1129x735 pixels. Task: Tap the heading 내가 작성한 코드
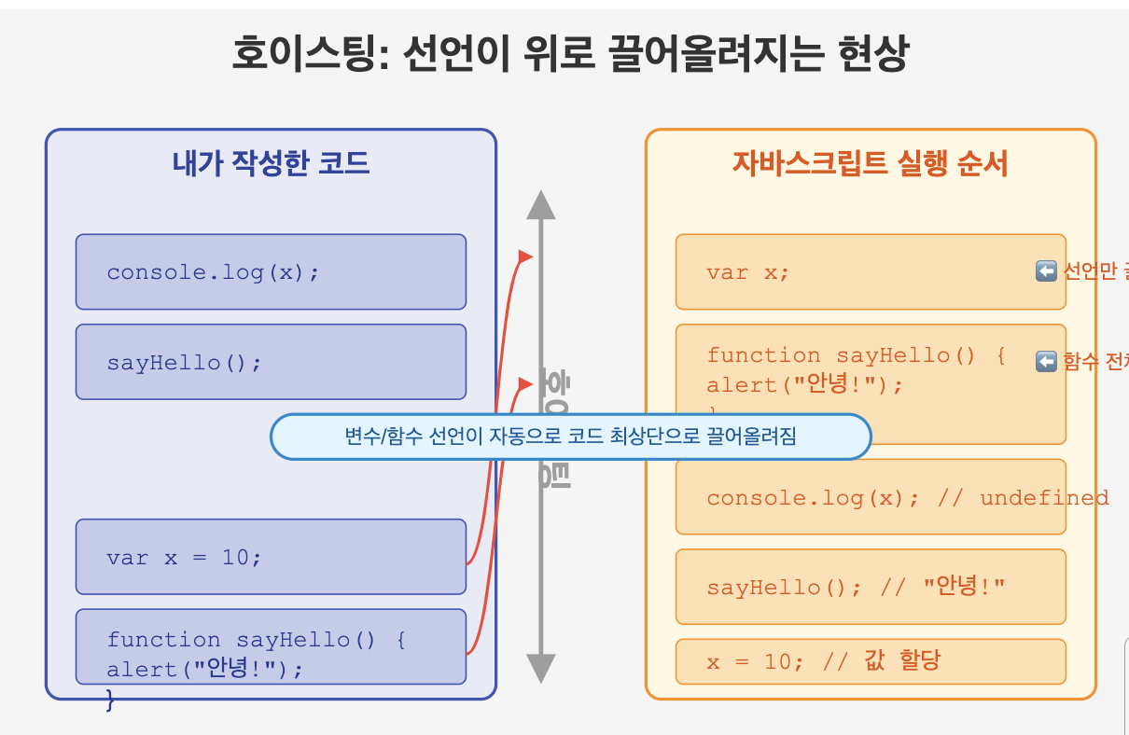click(x=271, y=164)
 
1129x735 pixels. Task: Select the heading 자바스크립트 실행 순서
click(x=870, y=164)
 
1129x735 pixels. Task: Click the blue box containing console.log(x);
click(x=271, y=271)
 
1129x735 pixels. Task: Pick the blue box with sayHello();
click(x=271, y=362)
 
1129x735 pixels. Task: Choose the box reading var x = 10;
click(x=271, y=557)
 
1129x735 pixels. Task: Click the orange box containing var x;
click(x=870, y=271)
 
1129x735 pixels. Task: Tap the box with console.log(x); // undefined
click(x=870, y=497)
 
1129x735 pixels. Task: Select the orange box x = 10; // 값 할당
click(x=870, y=661)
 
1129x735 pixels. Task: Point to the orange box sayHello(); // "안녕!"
click(x=870, y=587)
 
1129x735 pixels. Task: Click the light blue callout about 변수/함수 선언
click(x=570, y=437)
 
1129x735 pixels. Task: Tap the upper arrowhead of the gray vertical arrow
click(x=541, y=205)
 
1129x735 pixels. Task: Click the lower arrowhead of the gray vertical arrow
click(x=541, y=667)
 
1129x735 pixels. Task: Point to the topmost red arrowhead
click(x=525, y=256)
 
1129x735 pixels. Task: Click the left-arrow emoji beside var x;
click(x=1046, y=271)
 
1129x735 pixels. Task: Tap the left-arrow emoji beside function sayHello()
click(x=1046, y=361)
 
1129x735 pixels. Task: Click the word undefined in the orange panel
click(x=1044, y=497)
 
